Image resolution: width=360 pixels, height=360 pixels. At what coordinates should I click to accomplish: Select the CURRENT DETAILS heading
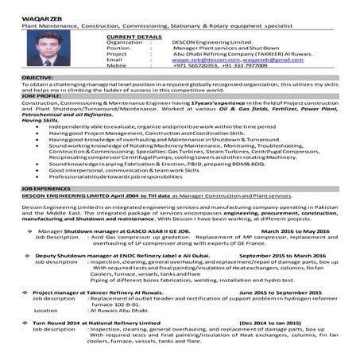pyautogui.click(x=133, y=37)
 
